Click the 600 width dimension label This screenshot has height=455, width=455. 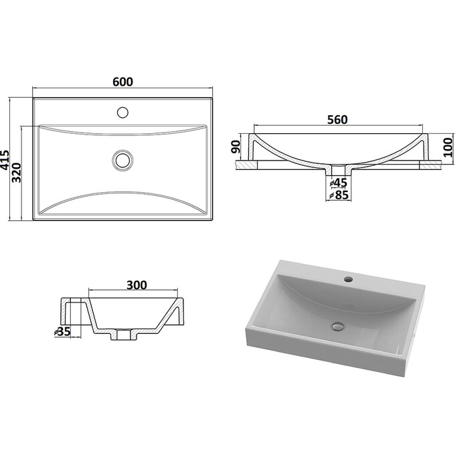[x=122, y=82]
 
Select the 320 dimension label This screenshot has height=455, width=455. [x=17, y=173]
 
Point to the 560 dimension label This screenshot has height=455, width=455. [x=337, y=120]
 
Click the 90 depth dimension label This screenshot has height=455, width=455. [x=236, y=147]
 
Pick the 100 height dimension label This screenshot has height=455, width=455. [x=448, y=147]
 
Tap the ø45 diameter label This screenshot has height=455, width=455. [x=339, y=183]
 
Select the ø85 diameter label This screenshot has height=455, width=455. [x=339, y=195]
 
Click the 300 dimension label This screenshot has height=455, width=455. [x=136, y=285]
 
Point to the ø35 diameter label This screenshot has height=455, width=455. [x=63, y=331]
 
